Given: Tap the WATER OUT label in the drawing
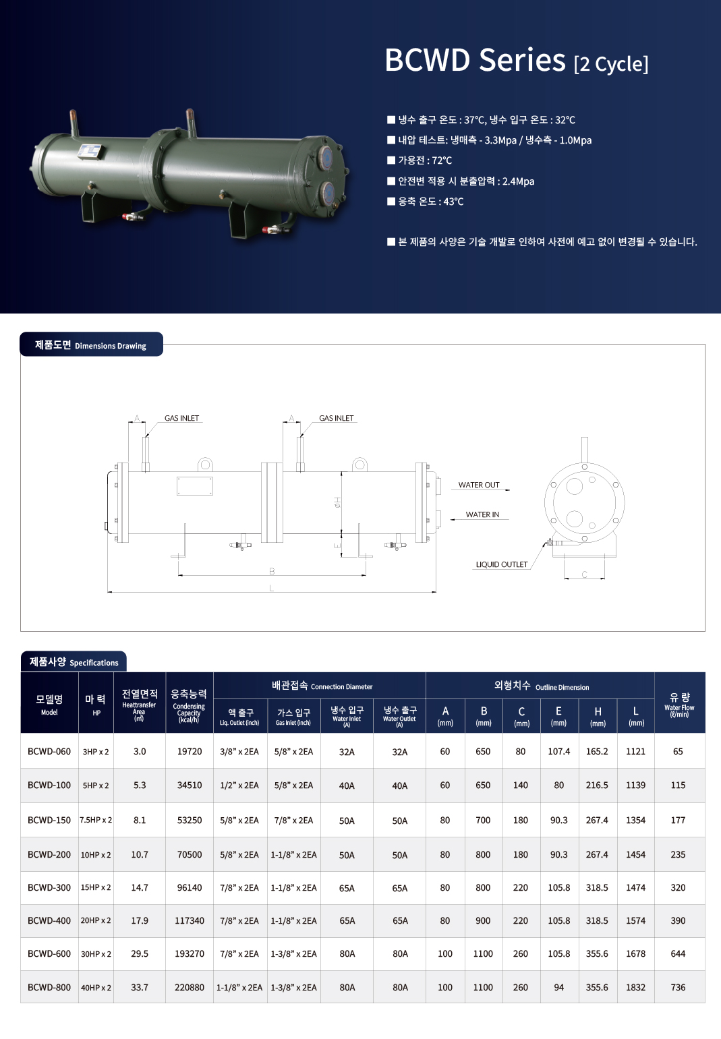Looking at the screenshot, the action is (479, 485).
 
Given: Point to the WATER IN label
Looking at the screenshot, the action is (482, 514).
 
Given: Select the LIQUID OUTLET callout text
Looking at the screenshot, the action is (502, 564).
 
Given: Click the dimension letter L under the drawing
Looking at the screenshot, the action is (271, 588).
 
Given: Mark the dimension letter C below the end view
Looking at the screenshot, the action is (584, 574).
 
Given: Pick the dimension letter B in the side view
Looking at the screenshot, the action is (272, 572).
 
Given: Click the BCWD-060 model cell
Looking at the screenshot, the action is (49, 751).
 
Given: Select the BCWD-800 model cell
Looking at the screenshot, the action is (49, 987).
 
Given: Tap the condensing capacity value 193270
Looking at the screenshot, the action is (190, 953).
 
